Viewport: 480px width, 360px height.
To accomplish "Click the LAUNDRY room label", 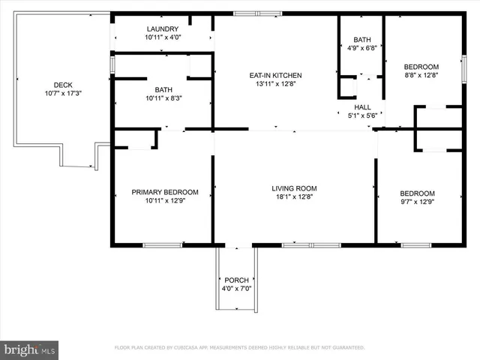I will [x=163, y=28].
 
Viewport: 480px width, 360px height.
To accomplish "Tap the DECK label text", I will [x=63, y=85].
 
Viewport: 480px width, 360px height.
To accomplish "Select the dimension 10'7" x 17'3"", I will [x=63, y=94].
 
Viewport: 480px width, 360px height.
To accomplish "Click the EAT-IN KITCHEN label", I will [x=275, y=75].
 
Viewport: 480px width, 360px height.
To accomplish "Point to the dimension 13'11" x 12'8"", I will [x=275, y=84].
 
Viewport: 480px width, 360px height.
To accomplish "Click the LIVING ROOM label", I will [x=294, y=188].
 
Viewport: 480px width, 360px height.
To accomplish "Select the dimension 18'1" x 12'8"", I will [x=294, y=197].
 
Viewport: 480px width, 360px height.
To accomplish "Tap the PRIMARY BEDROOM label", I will [x=165, y=192].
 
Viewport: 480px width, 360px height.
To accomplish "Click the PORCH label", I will [x=236, y=280].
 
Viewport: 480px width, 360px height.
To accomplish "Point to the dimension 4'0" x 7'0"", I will [x=236, y=289].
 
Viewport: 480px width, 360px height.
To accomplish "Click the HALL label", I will [x=363, y=107].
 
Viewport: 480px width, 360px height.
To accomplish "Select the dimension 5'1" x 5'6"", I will [x=363, y=116].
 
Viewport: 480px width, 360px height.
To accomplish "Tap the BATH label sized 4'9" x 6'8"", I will [x=361, y=40].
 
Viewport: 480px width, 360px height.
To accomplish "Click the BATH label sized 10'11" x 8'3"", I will [x=163, y=89].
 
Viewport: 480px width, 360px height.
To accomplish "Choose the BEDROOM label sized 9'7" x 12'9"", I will [x=417, y=193].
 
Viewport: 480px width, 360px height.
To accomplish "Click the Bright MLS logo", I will [x=30, y=349].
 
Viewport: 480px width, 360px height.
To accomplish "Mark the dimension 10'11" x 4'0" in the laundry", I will [x=163, y=37].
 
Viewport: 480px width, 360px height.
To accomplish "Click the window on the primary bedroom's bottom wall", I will [x=162, y=244].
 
